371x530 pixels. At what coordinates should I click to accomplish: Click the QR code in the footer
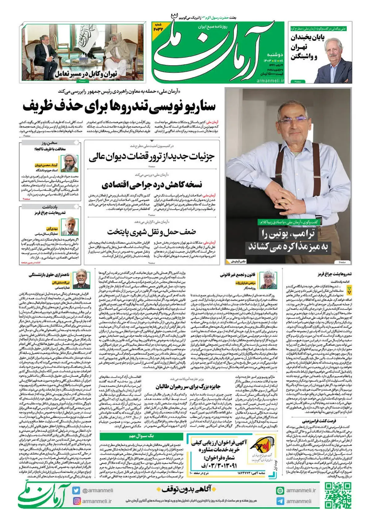coord(338,495)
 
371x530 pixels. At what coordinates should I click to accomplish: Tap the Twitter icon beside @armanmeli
coord(76,490)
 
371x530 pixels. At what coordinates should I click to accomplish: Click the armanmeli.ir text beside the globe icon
coord(301,490)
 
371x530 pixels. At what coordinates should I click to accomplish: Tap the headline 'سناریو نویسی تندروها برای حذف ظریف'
coord(119,106)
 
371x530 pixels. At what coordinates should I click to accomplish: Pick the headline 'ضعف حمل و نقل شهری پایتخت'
coord(151,232)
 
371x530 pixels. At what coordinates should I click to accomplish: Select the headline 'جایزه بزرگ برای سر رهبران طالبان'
coord(188,387)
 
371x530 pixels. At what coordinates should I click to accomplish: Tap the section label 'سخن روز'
coord(50,143)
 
